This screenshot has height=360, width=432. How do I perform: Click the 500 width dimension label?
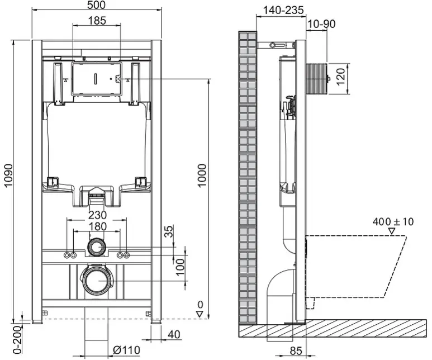pos(96,4)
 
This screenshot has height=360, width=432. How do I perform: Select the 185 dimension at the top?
pos(97,20)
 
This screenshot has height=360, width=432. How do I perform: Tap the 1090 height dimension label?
pos(8,176)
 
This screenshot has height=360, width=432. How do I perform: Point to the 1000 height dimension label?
pos(202,176)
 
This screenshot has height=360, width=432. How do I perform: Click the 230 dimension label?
pos(98,215)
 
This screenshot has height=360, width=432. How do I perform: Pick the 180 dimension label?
pos(98,226)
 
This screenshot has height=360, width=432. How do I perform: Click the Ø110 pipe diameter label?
pos(126,350)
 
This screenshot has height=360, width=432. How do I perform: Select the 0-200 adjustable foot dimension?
pos(17,340)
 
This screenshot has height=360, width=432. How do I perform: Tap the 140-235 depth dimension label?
pos(283,10)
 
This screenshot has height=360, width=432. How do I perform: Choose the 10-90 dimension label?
pos(321,24)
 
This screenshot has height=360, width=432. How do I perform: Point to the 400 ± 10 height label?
pos(393,221)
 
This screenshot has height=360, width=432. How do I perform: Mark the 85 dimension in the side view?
pos(296,350)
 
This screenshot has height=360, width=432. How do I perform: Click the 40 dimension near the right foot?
pos(174,334)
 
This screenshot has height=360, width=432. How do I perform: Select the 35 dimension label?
pos(168,231)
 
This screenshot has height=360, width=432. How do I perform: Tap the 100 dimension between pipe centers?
pos(180,267)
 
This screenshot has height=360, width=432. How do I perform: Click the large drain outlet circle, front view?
pos(96,281)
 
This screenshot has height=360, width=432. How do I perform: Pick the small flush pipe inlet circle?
pos(97,247)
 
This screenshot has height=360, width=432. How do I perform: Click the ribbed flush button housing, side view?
pos(316,79)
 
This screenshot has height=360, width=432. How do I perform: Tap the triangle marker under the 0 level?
pos(200,314)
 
